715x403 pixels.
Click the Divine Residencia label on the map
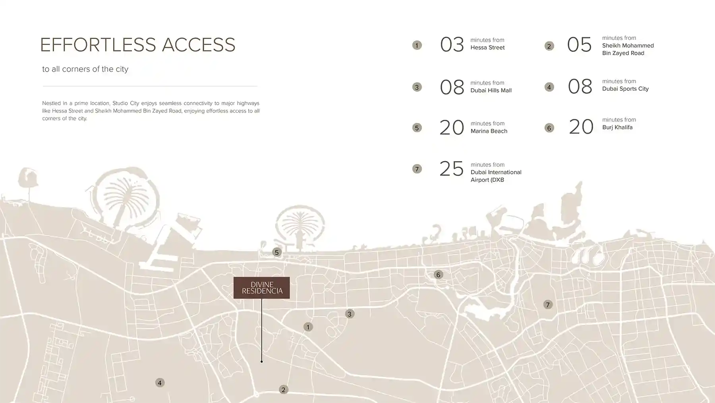click(261, 288)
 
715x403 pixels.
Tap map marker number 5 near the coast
click(277, 252)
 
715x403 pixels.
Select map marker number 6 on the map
click(438, 275)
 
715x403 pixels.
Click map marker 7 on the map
click(548, 305)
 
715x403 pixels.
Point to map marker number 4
click(160, 383)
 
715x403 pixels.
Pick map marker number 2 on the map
click(283, 390)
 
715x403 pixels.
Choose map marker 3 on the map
click(350, 314)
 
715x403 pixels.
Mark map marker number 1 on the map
click(308, 327)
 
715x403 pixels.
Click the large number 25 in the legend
click(452, 169)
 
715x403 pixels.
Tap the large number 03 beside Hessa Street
click(452, 45)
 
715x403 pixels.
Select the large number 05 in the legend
click(580, 45)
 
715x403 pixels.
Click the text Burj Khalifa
click(617, 127)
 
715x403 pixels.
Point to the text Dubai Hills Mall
click(491, 90)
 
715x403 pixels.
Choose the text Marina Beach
click(489, 131)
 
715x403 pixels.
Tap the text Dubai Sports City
click(625, 89)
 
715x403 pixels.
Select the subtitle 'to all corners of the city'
click(85, 69)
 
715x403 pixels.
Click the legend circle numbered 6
click(549, 128)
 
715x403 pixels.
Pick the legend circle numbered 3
click(417, 87)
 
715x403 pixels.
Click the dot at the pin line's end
click(261, 362)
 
